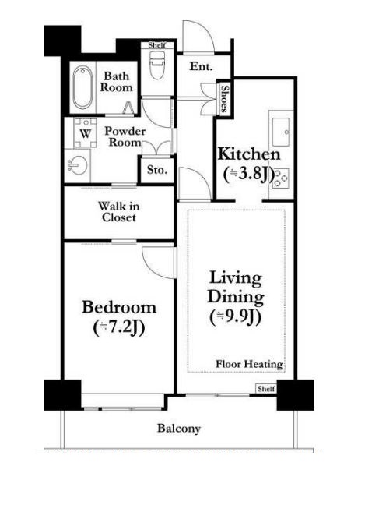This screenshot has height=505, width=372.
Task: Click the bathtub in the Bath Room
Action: click(82, 87)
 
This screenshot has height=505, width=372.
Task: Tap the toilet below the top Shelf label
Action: click(157, 64)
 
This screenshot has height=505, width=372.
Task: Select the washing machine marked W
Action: click(85, 133)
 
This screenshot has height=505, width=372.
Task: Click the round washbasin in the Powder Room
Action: click(79, 165)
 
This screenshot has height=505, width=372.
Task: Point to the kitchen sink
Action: click(281, 132)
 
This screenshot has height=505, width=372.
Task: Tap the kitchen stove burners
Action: click(281, 178)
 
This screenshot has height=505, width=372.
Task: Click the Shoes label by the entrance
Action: click(224, 98)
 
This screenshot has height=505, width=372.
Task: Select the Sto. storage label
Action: click(157, 170)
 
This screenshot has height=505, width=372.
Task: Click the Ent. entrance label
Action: click(201, 66)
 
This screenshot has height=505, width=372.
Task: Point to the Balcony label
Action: click(179, 429)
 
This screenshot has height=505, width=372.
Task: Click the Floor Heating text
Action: click(249, 364)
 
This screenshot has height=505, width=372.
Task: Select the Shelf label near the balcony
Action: click(266, 389)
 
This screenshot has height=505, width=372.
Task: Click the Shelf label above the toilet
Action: click(157, 44)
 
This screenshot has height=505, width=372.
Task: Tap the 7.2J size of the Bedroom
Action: click(119, 327)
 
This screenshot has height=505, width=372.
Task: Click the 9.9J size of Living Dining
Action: click(236, 316)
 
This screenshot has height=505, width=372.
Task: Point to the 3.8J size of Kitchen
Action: click(249, 175)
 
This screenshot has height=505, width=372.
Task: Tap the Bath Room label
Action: click(117, 82)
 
